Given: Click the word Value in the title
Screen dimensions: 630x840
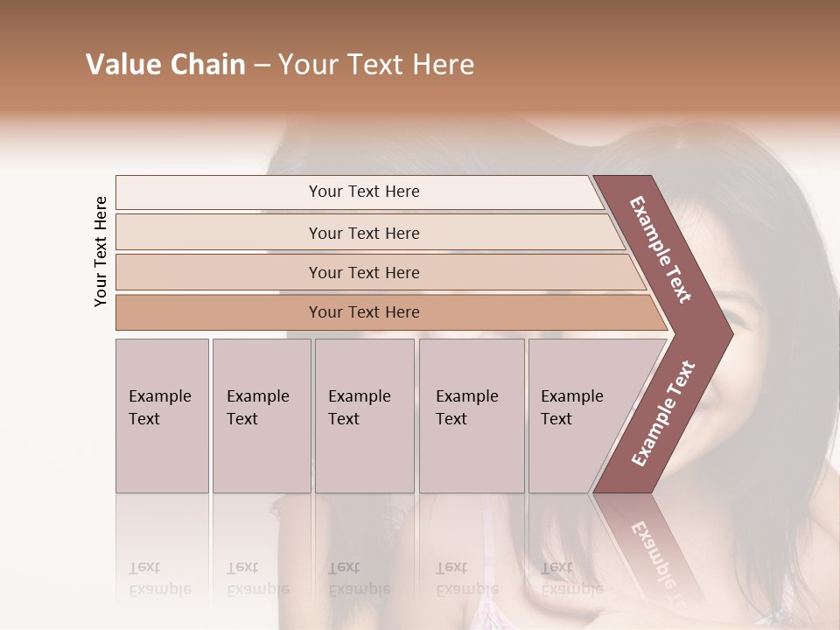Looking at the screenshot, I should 122,65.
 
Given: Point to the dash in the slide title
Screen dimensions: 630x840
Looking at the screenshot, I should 262,66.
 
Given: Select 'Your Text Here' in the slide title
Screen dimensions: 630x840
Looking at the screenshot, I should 376,65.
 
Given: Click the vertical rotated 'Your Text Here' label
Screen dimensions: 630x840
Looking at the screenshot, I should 101,251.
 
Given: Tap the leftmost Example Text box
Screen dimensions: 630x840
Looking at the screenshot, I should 162,415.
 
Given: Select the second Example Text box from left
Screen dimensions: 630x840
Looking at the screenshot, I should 261,415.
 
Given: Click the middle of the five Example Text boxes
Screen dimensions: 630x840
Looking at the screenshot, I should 364,415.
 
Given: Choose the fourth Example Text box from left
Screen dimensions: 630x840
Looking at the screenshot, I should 471,415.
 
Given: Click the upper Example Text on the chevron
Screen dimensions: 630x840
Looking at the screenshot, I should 661,249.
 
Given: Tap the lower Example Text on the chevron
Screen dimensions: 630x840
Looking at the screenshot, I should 663,413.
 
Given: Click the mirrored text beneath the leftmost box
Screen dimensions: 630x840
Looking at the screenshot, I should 159,578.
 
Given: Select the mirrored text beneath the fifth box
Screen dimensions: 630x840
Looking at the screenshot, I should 571,578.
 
